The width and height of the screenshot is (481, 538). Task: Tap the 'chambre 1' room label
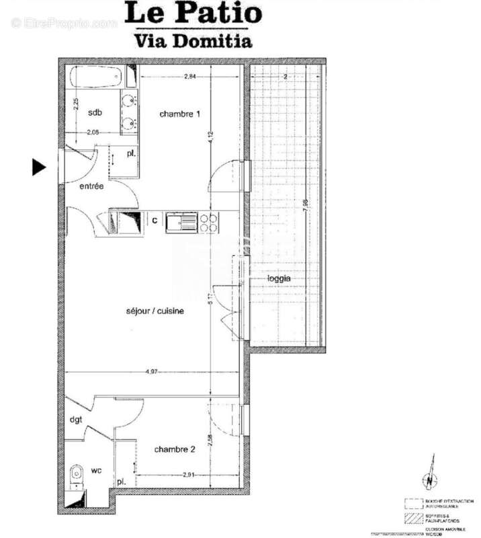click(x=179, y=114)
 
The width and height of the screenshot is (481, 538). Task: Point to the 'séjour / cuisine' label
click(x=155, y=311)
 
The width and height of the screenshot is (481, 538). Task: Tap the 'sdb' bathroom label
click(x=95, y=112)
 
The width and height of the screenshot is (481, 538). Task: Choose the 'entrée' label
click(x=91, y=186)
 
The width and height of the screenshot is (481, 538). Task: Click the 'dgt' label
click(x=76, y=420)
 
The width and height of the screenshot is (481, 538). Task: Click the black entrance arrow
click(x=40, y=167)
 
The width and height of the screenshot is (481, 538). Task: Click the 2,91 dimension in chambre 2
click(x=190, y=476)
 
